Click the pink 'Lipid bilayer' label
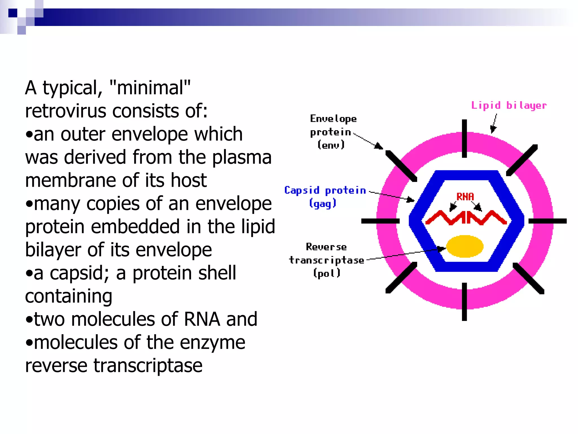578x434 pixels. tap(509, 105)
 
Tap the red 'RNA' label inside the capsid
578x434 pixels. tap(465, 196)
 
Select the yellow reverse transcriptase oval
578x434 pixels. tap(465, 246)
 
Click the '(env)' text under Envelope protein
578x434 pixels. tap(331, 145)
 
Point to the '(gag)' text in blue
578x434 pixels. tap(323, 203)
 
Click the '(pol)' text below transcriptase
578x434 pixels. tap(327, 273)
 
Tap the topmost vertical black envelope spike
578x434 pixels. tap(464, 138)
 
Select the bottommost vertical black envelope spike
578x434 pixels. tap(464, 301)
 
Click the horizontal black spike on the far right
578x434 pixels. tap(547, 221)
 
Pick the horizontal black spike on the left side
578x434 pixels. tap(380, 221)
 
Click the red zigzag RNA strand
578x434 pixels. tap(466, 218)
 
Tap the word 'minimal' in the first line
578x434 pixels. tap(150, 88)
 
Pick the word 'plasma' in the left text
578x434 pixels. tap(242, 157)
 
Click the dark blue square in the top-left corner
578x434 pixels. tap(13, 13)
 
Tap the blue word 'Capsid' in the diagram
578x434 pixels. tap(302, 190)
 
